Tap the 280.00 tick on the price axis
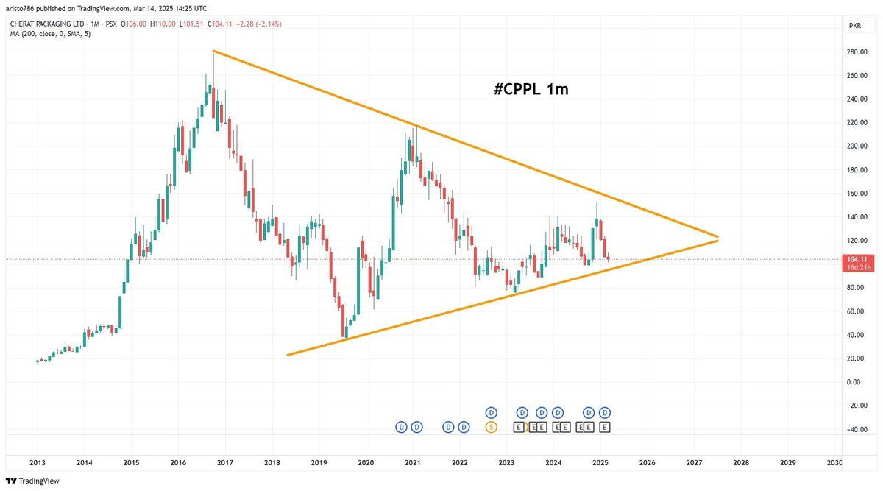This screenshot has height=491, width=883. click(857, 52)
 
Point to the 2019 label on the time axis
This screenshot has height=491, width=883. click(319, 463)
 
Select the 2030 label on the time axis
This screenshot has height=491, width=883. click(834, 463)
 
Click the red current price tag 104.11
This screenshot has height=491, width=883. click(858, 259)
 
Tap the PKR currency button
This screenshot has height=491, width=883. click(855, 25)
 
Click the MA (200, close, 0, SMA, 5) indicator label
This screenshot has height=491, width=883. click(50, 34)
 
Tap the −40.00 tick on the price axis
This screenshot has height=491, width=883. click(857, 429)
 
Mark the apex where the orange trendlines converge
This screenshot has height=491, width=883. click(717, 239)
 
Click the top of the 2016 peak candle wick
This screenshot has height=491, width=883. click(213, 52)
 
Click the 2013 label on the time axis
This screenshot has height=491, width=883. click(38, 463)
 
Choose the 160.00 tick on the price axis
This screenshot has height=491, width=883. click(857, 194)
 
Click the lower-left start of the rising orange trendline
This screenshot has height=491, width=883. click(288, 356)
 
